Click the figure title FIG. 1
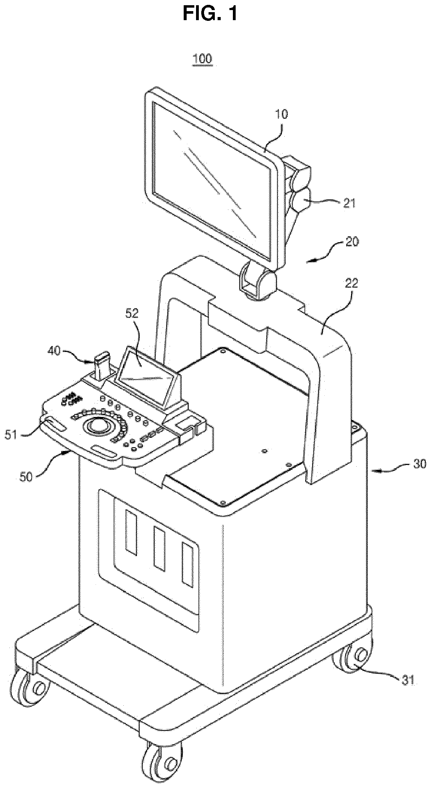211,14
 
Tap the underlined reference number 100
203,59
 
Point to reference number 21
350,203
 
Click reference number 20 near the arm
352,241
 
